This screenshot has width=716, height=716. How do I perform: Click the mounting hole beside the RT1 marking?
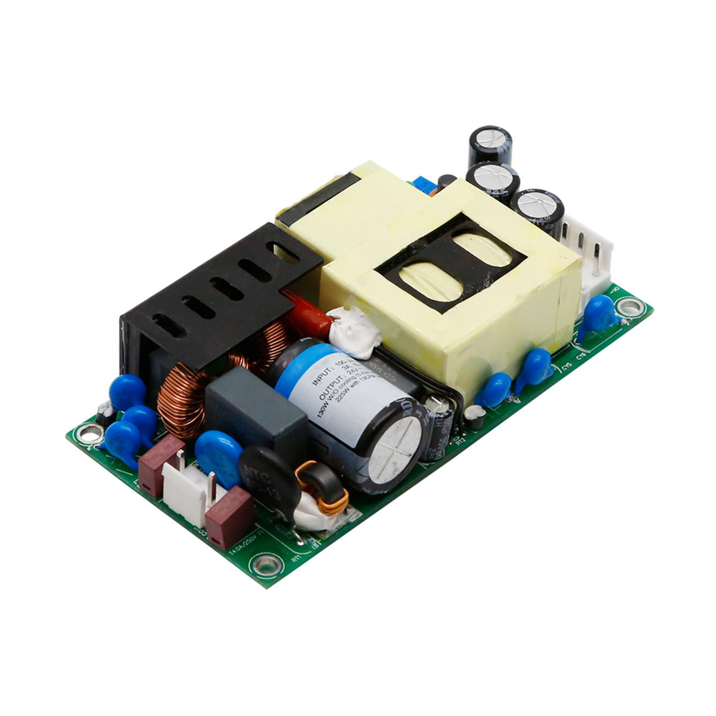(266, 565)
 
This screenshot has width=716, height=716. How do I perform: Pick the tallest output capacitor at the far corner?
(490, 145)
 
